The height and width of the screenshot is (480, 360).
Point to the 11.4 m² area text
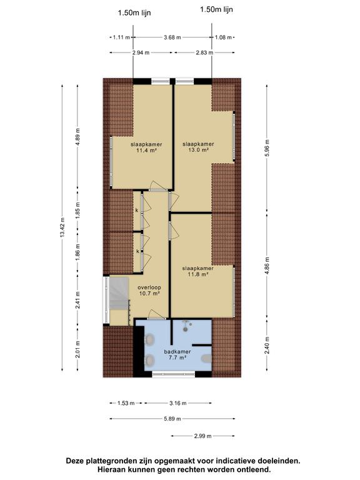click(x=143, y=151)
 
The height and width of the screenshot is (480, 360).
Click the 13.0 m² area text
click(x=194, y=151)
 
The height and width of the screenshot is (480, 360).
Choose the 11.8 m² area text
click(x=194, y=274)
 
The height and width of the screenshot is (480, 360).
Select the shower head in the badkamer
click(x=186, y=324)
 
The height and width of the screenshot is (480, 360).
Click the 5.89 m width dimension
click(x=171, y=419)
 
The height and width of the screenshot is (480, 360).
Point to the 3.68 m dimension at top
click(x=171, y=37)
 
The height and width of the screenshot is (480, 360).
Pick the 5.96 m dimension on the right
click(x=267, y=148)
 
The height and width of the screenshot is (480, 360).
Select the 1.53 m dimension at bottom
click(x=126, y=403)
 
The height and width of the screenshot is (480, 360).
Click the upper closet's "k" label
click(x=136, y=211)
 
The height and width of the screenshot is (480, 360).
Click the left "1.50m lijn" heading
click(x=134, y=12)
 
